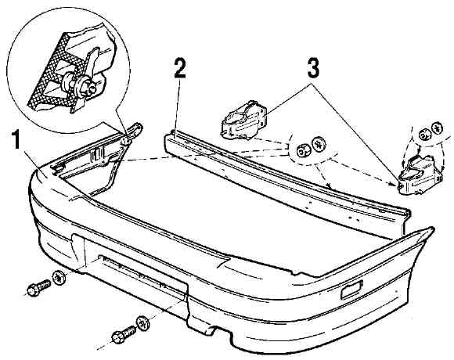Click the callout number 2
(x=180, y=67)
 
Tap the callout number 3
(x=313, y=67)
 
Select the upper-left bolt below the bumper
(x=38, y=287)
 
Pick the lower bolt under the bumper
(x=124, y=334)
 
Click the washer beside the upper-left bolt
(x=59, y=277)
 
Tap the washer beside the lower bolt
(x=143, y=323)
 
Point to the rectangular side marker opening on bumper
(x=351, y=290)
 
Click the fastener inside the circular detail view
(x=78, y=85)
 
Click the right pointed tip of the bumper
(x=433, y=229)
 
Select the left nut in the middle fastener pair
(x=302, y=151)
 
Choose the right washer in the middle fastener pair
(x=319, y=144)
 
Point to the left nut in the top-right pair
(x=424, y=135)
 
